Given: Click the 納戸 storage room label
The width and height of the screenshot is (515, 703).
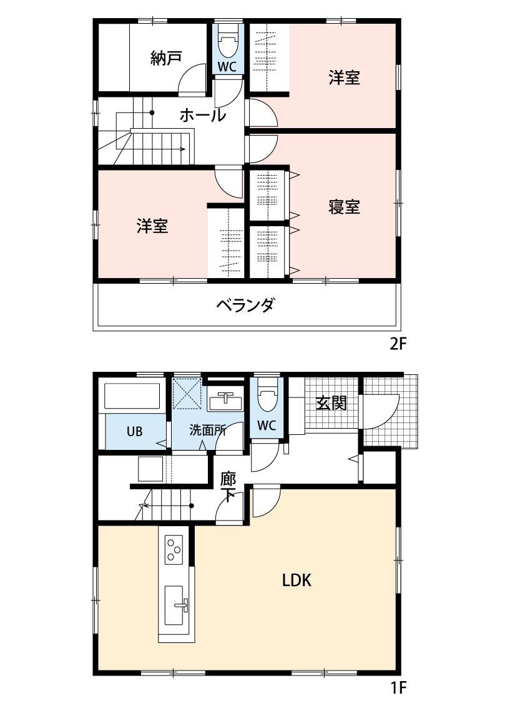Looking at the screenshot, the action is [166, 58].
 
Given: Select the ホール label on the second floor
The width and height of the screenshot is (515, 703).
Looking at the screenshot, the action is [203, 115].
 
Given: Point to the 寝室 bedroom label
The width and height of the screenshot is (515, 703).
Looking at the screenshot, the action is [344, 207].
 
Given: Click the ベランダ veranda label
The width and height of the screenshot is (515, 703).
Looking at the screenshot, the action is [245, 305].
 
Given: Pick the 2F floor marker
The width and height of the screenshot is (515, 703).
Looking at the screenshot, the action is [398, 344].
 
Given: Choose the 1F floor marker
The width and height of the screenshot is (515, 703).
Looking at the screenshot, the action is [398, 687].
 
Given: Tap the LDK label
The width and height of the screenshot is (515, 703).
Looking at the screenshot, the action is [297, 580].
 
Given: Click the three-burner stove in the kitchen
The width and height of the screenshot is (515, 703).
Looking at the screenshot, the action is [174, 549].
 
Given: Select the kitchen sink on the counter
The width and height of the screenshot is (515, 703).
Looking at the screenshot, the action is [174, 605].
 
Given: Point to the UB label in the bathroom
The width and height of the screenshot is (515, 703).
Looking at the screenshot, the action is [134, 431].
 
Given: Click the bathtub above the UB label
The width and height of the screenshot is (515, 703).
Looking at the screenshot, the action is [132, 396].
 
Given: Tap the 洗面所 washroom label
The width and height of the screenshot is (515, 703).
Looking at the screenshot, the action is [207, 431].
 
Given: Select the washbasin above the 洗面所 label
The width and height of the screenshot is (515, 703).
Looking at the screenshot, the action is [226, 401].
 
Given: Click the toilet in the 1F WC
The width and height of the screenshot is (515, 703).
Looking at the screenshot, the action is [267, 397].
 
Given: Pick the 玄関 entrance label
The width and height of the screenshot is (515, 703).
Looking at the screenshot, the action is [331, 402].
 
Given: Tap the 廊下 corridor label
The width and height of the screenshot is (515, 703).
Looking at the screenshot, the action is [228, 487].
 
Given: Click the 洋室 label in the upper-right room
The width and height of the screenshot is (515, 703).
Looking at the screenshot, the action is [344, 77].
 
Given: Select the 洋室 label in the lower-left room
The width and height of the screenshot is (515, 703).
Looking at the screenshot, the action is [152, 226].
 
